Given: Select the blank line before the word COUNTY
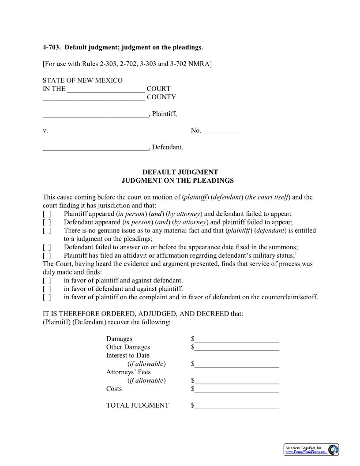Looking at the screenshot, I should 94,98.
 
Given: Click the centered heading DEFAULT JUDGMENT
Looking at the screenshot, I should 180,172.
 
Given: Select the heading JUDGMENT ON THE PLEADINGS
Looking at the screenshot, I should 177,180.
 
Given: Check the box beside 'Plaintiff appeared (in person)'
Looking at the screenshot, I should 47,214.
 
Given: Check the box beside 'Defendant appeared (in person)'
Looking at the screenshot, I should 47,222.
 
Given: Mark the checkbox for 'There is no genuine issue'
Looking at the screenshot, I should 47,231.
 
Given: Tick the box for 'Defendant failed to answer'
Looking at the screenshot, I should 47,248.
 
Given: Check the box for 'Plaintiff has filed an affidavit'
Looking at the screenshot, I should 47,256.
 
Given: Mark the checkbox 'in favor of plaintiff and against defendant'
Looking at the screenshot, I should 47,281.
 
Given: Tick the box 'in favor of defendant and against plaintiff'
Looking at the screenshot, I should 47,289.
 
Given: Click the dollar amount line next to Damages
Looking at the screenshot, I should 237,339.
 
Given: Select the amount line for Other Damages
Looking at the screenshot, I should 237,348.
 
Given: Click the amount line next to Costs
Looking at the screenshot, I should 237,389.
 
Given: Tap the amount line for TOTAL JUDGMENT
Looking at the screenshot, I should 237,406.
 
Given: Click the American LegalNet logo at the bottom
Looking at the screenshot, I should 311,450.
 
